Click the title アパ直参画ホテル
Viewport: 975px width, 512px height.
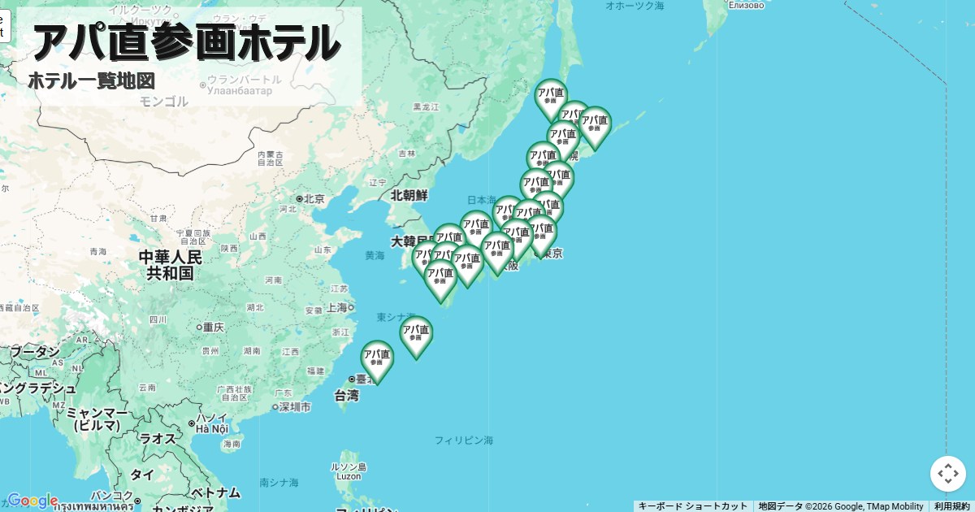(x=185, y=42)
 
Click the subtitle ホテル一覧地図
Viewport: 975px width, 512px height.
(x=91, y=81)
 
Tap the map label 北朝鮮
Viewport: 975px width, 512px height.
(x=409, y=195)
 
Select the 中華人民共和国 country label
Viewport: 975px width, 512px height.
(x=170, y=265)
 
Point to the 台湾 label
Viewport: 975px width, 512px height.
(x=346, y=396)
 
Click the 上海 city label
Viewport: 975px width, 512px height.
(x=336, y=307)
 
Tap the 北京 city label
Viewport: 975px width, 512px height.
(x=314, y=198)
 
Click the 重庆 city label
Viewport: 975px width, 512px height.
(x=214, y=327)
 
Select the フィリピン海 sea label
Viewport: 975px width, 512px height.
(x=463, y=440)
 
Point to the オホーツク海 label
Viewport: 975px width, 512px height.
(x=635, y=6)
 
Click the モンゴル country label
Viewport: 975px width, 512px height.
(x=163, y=102)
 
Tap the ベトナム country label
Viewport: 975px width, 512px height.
(x=215, y=492)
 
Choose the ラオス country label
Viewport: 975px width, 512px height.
(x=157, y=438)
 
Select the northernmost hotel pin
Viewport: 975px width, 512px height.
(x=550, y=97)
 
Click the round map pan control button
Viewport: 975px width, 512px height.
(x=947, y=474)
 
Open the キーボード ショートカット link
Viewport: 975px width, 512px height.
(x=692, y=506)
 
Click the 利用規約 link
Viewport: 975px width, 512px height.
(x=951, y=506)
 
